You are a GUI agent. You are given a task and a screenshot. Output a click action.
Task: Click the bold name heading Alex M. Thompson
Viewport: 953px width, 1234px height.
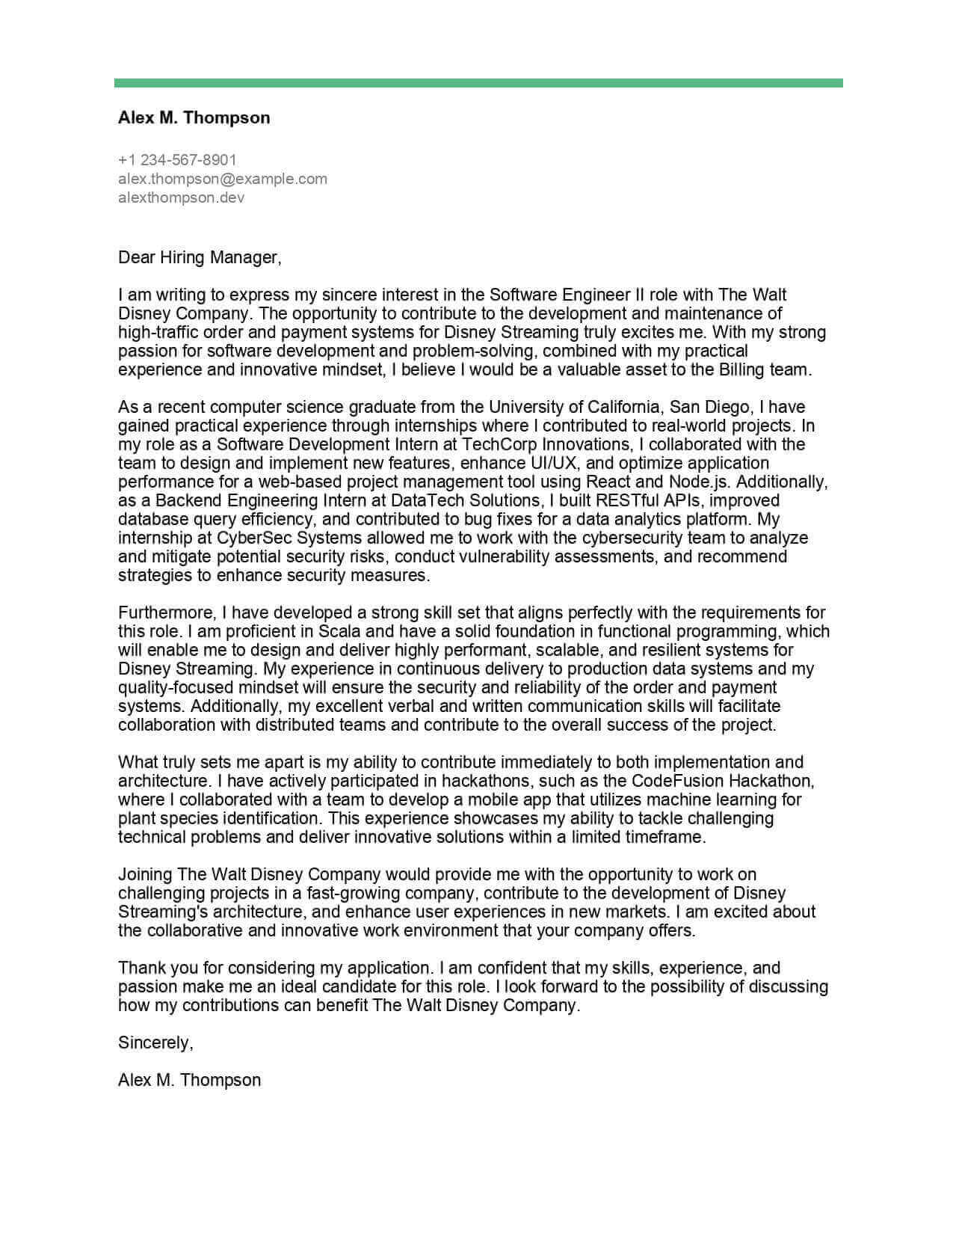pyautogui.click(x=194, y=117)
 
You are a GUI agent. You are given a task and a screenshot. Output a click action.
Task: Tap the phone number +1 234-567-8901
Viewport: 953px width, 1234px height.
pyautogui.click(x=177, y=159)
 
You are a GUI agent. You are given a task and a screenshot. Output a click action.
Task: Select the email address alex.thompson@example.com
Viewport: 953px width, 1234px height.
pyautogui.click(x=223, y=179)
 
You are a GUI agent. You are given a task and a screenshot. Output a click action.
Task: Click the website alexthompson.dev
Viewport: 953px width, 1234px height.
pyautogui.click(x=181, y=198)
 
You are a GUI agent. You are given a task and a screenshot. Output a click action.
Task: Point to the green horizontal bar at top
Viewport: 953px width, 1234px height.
pyautogui.click(x=478, y=83)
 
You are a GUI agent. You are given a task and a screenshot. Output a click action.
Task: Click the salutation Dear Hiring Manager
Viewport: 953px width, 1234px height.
pyautogui.click(x=200, y=258)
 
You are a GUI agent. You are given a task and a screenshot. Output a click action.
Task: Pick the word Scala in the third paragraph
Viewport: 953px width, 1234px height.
pyautogui.click(x=341, y=631)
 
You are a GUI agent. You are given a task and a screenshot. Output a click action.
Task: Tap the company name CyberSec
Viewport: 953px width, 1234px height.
pyautogui.click(x=251, y=538)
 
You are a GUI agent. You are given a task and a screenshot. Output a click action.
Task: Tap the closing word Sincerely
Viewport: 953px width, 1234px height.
pyautogui.click(x=155, y=1043)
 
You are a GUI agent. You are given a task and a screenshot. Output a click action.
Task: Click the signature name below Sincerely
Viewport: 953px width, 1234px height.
pyautogui.click(x=189, y=1080)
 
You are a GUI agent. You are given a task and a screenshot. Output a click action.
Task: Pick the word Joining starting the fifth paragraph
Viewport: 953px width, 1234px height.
pyautogui.click(x=145, y=874)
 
